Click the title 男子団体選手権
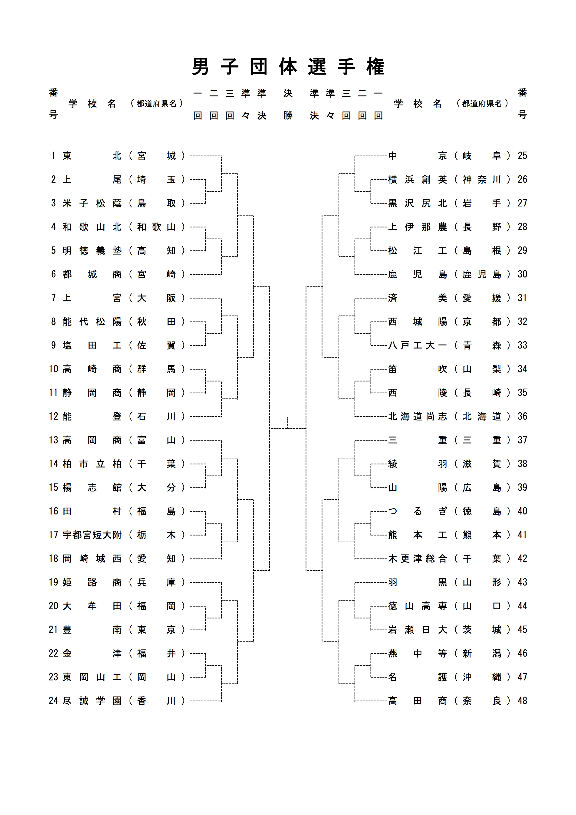point(288,66)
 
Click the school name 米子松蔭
point(92,203)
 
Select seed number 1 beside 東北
point(53,156)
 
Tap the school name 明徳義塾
point(92,251)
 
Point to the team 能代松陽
point(92,322)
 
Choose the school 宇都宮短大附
point(92,535)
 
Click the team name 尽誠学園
point(92,701)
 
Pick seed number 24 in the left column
point(53,701)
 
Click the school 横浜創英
point(417,180)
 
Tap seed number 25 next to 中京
point(522,156)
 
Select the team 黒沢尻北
point(417,203)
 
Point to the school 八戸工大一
point(417,345)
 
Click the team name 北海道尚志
point(417,416)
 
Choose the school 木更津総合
point(417,559)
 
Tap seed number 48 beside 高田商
point(522,701)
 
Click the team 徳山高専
point(417,606)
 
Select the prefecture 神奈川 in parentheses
point(482,180)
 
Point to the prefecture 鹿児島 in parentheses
point(482,274)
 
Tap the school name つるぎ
point(417,511)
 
